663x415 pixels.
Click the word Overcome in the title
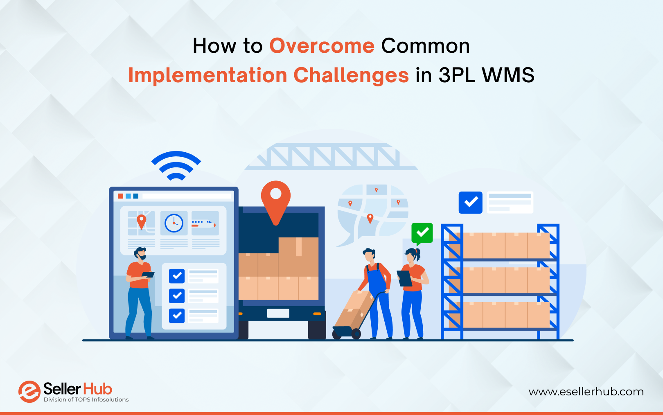point(322,46)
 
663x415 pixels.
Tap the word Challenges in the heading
point(351,75)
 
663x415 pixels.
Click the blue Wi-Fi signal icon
point(176,165)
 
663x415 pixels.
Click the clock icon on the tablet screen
point(174,223)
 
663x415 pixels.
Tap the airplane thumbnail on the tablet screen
point(205,223)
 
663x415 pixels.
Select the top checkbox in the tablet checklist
point(177,276)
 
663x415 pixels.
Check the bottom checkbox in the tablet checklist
point(177,316)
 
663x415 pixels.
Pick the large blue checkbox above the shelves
point(470,203)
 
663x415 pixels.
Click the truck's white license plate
point(278,313)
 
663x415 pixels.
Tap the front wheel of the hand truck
point(356,334)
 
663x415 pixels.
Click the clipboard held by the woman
point(404,278)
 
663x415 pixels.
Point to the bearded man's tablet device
point(148,274)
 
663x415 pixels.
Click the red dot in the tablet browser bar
point(120,196)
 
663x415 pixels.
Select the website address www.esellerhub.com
point(586,392)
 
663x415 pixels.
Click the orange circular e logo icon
point(29,392)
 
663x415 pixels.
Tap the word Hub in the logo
point(97,389)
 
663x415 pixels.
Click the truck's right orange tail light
point(317,314)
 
